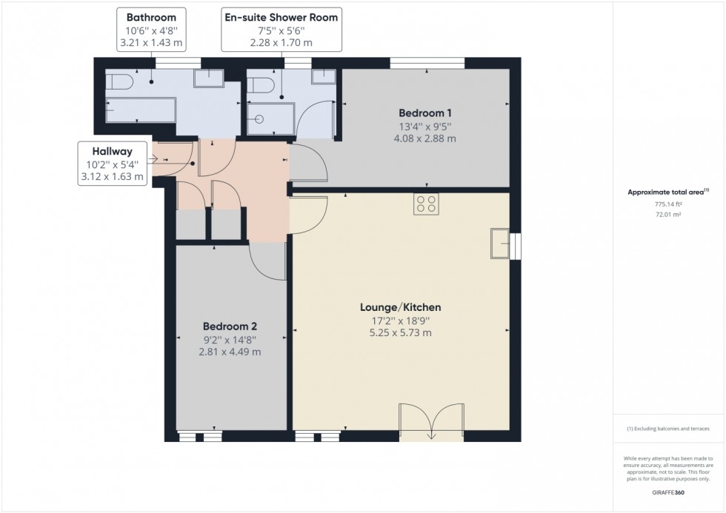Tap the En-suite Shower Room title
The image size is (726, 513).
281,16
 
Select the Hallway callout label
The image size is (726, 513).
113,151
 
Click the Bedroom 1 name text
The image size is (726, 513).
425,113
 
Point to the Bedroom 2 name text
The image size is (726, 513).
230,326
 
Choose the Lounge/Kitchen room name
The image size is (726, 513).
400,306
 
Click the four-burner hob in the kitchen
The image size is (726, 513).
426,204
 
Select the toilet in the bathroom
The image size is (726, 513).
119,81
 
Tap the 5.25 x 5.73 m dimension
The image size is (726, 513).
400,333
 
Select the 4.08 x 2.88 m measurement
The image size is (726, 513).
425,138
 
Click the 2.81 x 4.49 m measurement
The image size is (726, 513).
230,352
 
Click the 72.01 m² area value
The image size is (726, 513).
669,214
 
